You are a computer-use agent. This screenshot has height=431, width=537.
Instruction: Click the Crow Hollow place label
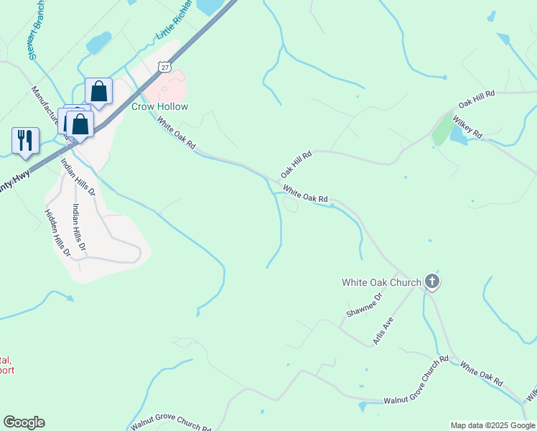159,107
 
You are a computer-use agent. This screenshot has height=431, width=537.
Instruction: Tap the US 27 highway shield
166,67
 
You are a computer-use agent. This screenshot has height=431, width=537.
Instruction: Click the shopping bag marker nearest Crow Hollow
98,92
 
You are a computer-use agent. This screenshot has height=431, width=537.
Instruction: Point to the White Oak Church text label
380,282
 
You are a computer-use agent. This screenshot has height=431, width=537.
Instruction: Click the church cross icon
431,282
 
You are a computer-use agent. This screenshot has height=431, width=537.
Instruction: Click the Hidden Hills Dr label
57,233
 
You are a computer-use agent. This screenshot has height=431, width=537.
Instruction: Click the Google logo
24,422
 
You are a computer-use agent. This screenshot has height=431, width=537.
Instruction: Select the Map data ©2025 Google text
492,425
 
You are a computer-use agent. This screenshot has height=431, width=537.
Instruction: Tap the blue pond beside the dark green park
457,135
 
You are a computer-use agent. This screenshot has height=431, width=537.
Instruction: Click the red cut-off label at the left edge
6,365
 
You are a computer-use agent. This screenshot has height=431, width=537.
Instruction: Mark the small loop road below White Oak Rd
291,205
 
